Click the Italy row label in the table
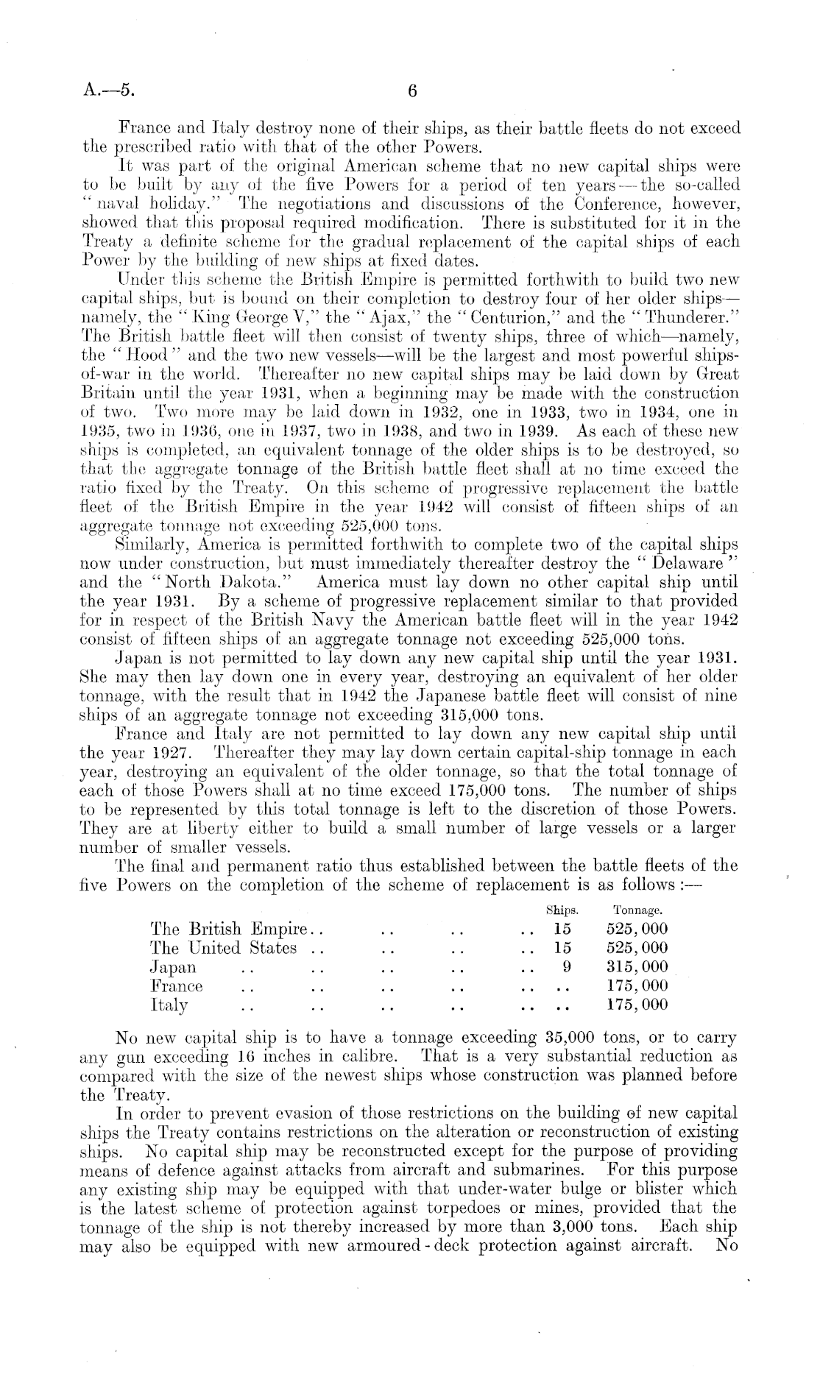[x=169, y=1005]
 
